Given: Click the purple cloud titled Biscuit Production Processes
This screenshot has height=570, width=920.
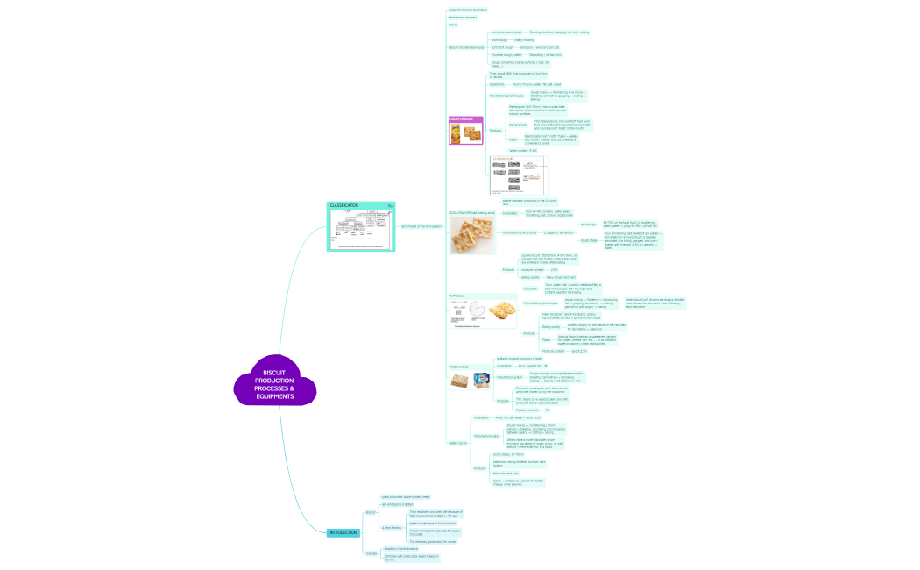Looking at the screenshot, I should (x=274, y=383).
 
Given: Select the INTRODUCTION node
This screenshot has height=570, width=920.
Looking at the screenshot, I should (x=343, y=533).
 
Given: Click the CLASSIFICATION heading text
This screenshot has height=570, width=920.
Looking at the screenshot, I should (x=344, y=205).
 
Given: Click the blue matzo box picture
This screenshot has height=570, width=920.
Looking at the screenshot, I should (x=481, y=380).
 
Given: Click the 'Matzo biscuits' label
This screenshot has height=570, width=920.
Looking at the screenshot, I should (x=459, y=367).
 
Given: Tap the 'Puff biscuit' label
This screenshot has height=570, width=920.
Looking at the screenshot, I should (x=457, y=296).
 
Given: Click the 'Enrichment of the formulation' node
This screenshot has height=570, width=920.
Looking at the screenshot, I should (x=422, y=226).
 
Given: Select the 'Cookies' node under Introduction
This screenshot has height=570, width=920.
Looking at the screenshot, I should (x=371, y=553).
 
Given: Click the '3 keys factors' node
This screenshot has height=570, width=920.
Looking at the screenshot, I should (x=391, y=527).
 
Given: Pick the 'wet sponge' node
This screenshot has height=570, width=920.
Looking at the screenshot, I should (x=589, y=224).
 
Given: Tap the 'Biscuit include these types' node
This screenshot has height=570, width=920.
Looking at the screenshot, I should (x=465, y=47).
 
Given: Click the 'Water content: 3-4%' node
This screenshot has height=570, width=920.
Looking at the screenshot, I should (x=522, y=151).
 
